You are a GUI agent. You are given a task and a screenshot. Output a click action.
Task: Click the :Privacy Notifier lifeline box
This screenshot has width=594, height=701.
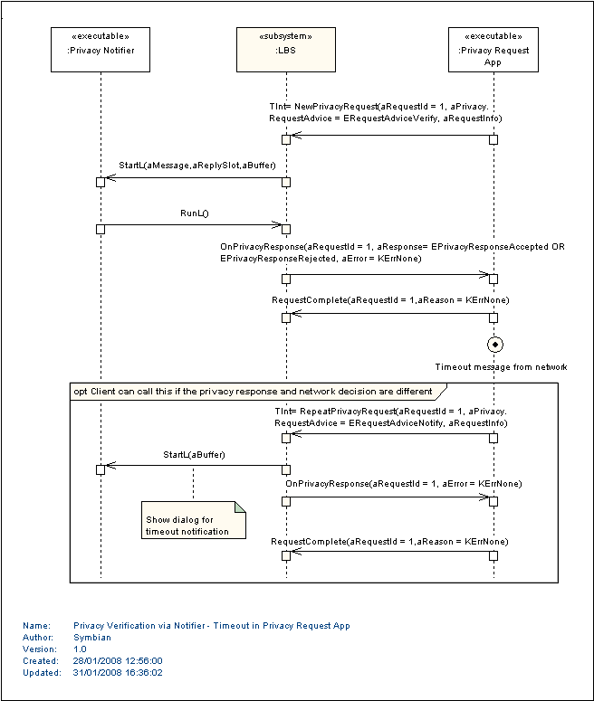[x=101, y=50]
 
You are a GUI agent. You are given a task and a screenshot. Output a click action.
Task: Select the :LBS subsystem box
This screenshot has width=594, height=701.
[x=286, y=50]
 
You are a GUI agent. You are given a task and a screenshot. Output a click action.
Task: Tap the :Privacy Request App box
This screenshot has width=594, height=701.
[x=493, y=50]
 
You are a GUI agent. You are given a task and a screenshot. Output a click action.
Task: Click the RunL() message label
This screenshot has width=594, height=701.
[x=195, y=213]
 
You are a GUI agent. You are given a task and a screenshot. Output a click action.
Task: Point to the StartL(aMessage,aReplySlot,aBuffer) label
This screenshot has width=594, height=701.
[x=197, y=166]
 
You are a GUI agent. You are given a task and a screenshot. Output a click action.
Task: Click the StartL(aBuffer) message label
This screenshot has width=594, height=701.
[x=195, y=455]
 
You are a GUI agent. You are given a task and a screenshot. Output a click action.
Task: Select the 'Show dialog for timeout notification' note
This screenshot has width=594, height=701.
[x=194, y=520]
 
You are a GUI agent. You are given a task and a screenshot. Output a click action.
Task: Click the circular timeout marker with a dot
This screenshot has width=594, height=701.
[x=495, y=345]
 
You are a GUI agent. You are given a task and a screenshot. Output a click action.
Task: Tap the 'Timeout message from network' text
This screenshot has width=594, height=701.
[x=502, y=367]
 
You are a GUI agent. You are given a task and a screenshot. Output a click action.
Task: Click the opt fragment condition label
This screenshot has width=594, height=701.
[x=253, y=392]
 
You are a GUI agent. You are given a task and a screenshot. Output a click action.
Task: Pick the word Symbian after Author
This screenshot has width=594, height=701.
[x=92, y=638]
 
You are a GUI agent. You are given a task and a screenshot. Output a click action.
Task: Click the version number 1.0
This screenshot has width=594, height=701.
[x=80, y=649]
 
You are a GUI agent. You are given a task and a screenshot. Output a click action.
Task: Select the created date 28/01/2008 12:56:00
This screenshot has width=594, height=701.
[x=118, y=661]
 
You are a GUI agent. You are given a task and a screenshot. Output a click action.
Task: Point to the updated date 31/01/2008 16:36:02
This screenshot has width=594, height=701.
[x=118, y=672]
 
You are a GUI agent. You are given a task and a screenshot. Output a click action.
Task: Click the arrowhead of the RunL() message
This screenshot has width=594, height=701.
[x=277, y=225]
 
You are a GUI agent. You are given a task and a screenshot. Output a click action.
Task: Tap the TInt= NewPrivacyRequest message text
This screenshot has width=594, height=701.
[x=386, y=112]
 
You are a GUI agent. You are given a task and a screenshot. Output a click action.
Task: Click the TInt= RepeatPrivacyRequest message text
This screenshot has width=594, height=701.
[x=391, y=417]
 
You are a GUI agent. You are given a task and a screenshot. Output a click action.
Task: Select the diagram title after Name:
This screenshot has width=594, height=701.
[x=212, y=626]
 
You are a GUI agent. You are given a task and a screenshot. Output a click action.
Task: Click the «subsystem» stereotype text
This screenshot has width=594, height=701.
[x=285, y=36]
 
